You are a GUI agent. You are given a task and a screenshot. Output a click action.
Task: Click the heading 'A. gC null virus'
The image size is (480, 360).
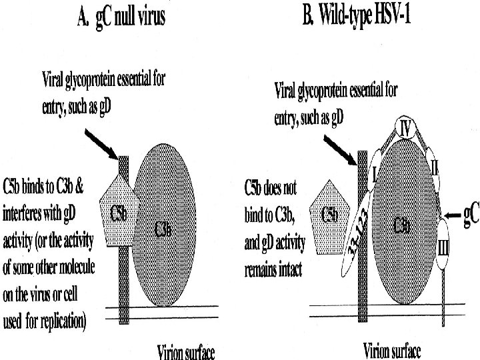[123, 18]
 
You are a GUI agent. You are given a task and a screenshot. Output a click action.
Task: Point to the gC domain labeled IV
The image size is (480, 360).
[405, 127]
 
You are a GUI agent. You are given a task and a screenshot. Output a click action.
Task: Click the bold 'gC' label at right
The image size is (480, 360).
[471, 215]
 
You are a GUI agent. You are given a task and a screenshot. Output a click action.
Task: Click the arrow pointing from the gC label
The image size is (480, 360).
[452, 215]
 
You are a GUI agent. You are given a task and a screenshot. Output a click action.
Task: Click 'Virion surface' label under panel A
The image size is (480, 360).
[186, 351]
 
